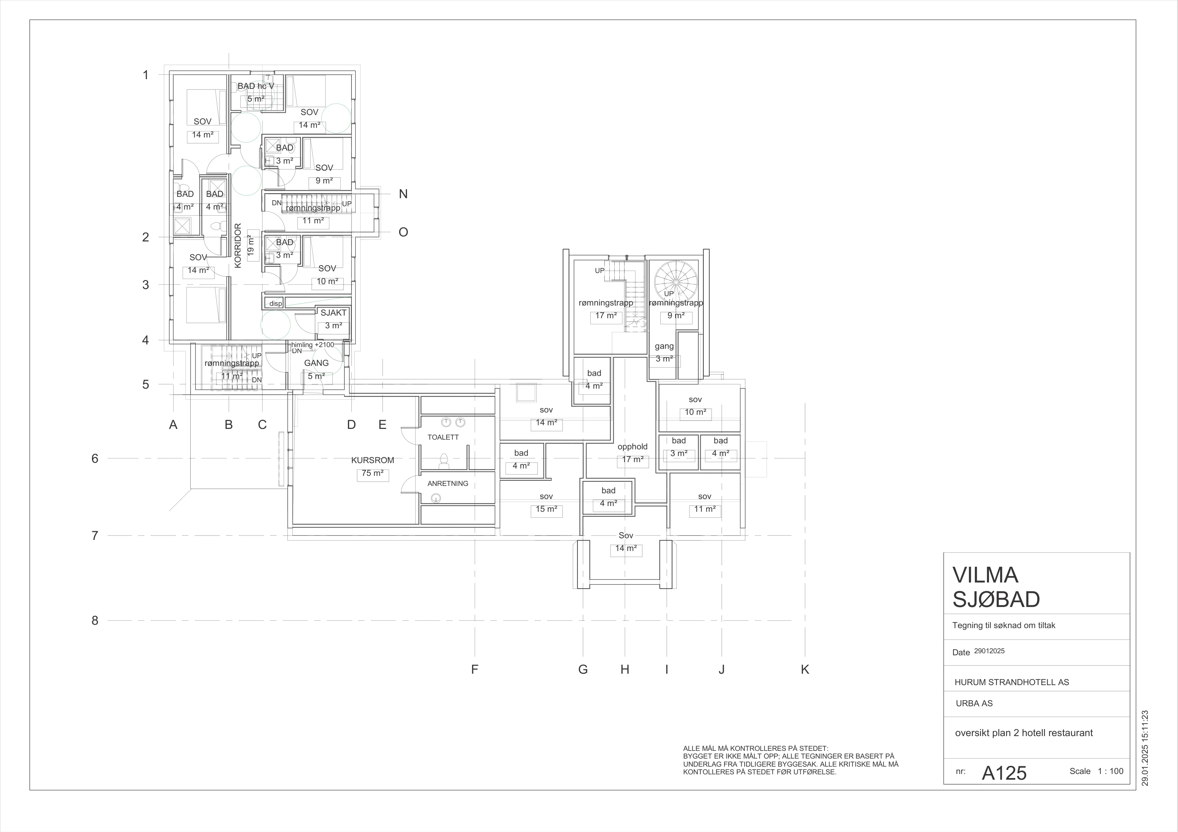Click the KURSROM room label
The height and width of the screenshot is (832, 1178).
(373, 460)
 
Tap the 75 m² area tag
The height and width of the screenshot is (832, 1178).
(373, 473)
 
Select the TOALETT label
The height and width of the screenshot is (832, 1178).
(443, 437)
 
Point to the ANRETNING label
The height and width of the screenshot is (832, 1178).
(448, 484)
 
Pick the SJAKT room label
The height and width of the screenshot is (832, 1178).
(333, 313)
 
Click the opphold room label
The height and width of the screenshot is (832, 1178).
(632, 446)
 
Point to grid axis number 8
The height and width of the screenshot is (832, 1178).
(95, 620)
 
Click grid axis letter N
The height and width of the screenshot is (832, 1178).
(403, 194)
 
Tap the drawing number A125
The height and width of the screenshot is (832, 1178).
(1004, 773)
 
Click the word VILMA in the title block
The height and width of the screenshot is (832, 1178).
(985, 575)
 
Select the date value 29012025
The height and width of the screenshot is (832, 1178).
(989, 651)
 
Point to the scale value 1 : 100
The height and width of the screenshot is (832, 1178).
(1110, 771)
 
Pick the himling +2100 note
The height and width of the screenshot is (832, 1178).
(313, 345)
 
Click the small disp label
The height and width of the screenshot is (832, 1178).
(276, 303)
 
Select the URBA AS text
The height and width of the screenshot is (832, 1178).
(974, 703)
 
